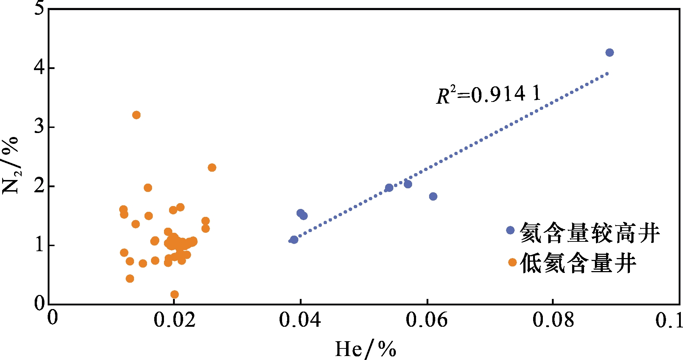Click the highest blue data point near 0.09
(x=609, y=53)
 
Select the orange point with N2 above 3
(x=136, y=115)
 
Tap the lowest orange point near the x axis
(x=174, y=294)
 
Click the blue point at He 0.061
(x=433, y=196)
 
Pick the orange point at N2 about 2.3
(x=212, y=168)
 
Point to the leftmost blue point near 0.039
(x=294, y=240)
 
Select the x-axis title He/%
(x=365, y=349)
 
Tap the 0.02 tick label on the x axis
(x=174, y=320)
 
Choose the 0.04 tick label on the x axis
(x=300, y=320)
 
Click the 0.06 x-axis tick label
(x=427, y=320)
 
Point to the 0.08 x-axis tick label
(x=553, y=320)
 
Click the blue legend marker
(x=510, y=230)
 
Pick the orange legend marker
(x=512, y=262)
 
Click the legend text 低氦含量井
(x=578, y=263)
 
